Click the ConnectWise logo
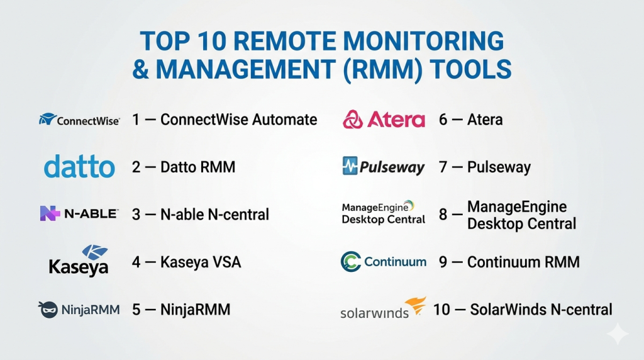(79, 120)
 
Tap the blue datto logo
(79, 166)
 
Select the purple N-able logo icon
(50, 213)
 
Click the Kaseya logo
(79, 261)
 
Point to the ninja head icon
(48, 310)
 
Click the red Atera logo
(384, 120)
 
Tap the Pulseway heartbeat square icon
(350, 166)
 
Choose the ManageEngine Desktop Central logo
(383, 213)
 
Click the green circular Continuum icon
(351, 261)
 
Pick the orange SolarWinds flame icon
(416, 305)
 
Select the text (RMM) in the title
(382, 69)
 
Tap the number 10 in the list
(441, 310)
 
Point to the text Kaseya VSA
(201, 262)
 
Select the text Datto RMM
(197, 167)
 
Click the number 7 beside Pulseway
(443, 167)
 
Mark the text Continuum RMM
(523, 262)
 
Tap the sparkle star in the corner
(618, 334)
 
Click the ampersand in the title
(140, 69)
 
